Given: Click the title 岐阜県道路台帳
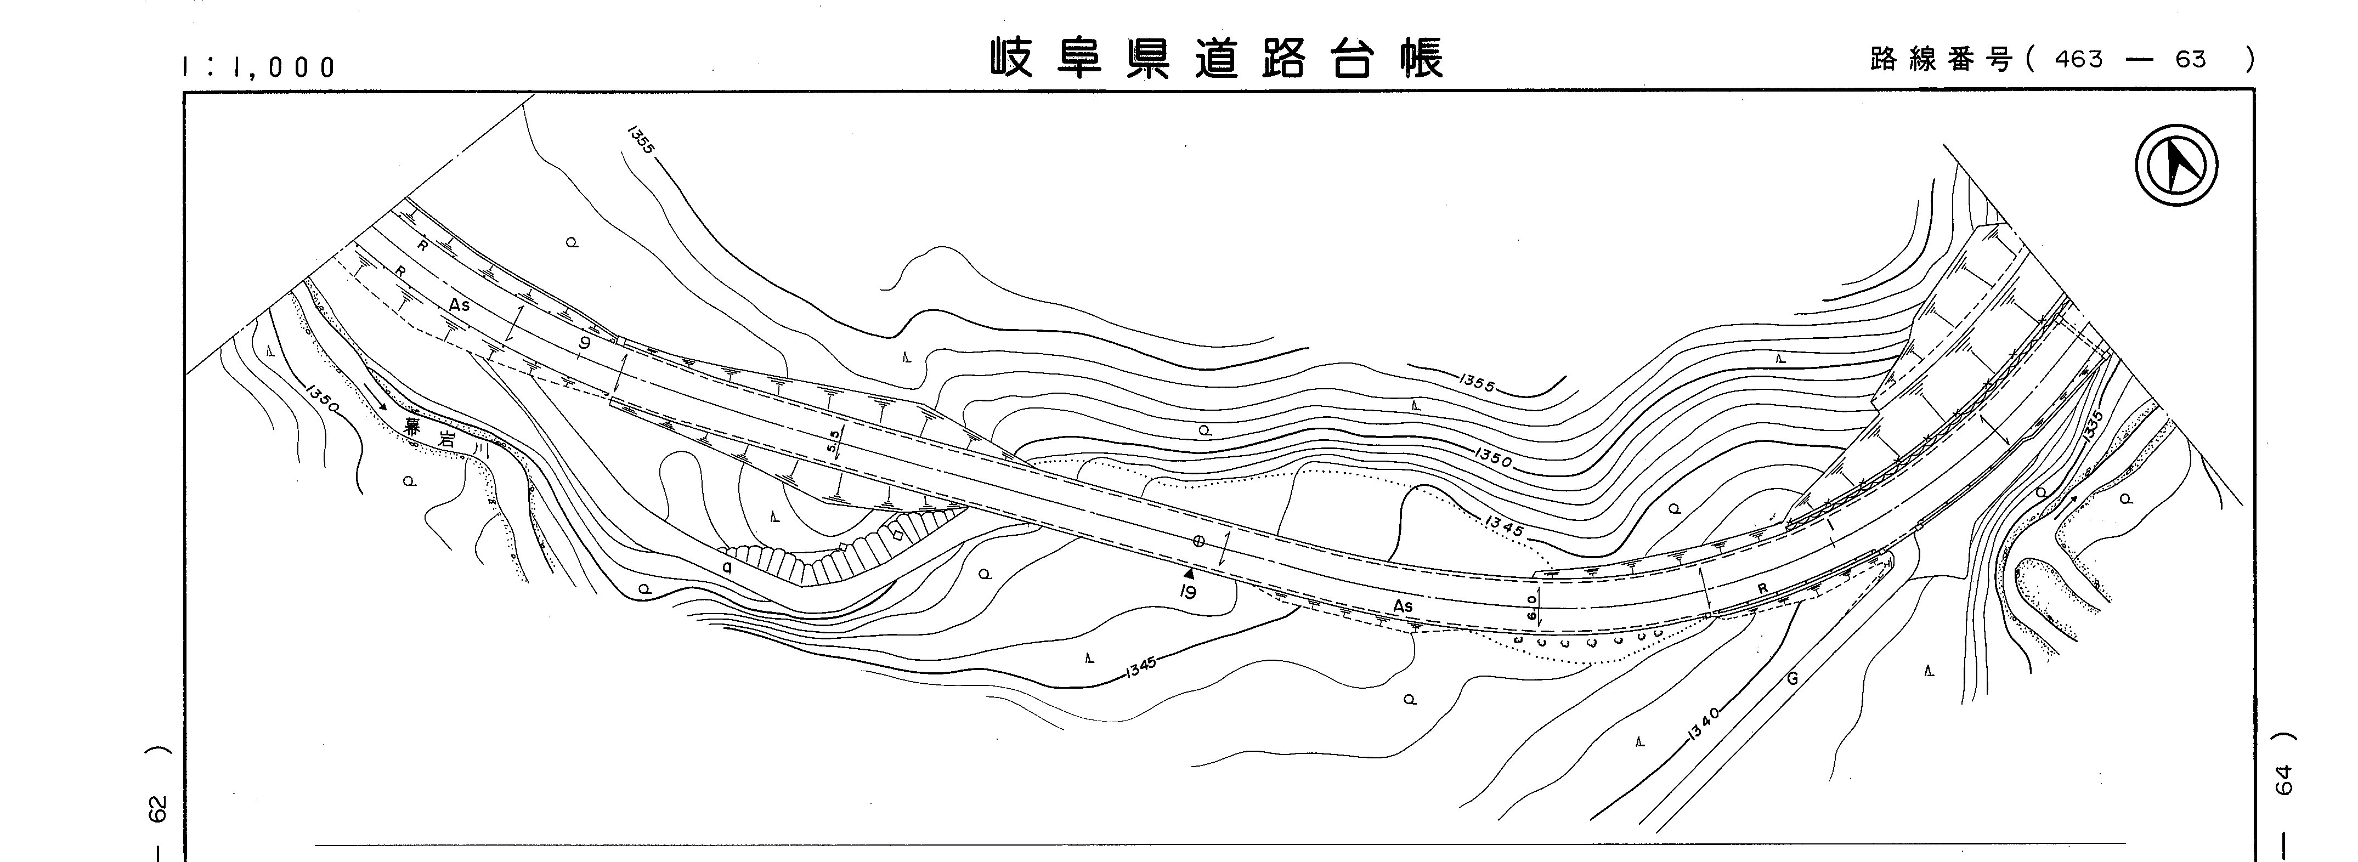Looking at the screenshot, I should pos(1217,59).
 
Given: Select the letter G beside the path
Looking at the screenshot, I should pos(1792,679).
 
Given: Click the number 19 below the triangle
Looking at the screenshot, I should pos(1188,592).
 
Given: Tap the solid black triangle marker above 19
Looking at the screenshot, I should pos(1188,573).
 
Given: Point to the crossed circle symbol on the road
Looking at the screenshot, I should pos(1198,541).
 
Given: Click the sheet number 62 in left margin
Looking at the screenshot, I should pos(159,809).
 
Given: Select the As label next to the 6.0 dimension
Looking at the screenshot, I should pos(1403,606).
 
